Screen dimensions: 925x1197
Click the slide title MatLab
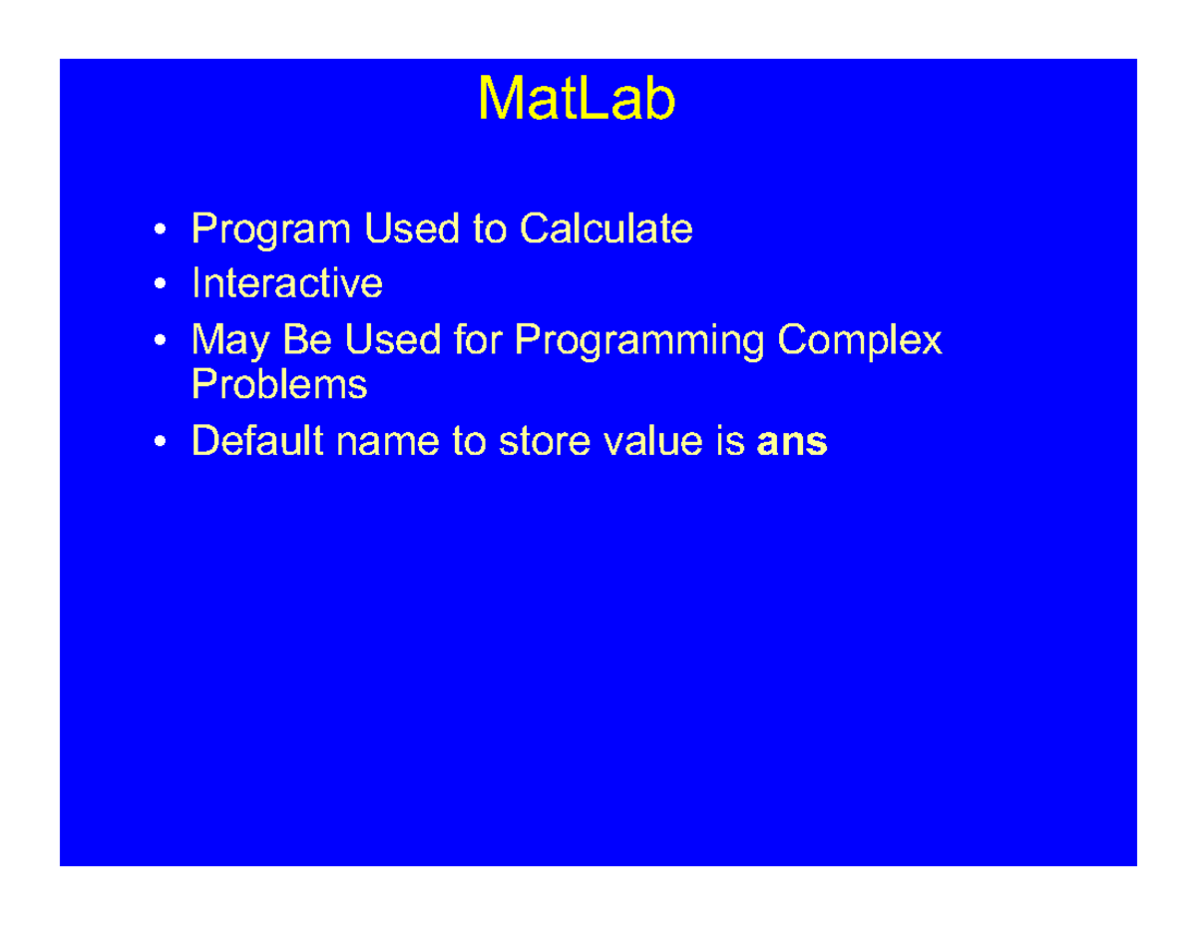[x=577, y=99]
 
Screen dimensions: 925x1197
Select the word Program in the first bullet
[x=272, y=231]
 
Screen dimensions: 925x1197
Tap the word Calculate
[x=605, y=230]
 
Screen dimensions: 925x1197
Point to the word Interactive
[x=286, y=283]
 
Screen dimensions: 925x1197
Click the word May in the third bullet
[x=230, y=342]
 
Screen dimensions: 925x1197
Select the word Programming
[x=639, y=342]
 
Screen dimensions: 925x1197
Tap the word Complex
[x=859, y=342]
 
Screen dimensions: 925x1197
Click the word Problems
[x=278, y=384]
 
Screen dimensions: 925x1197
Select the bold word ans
[x=792, y=442]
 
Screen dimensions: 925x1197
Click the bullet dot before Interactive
[x=161, y=285]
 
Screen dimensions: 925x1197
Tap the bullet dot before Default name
[x=161, y=442]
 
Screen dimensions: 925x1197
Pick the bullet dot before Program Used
[x=161, y=231]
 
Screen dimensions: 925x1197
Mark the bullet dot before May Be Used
[x=161, y=342]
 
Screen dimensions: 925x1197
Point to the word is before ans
[x=731, y=441]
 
